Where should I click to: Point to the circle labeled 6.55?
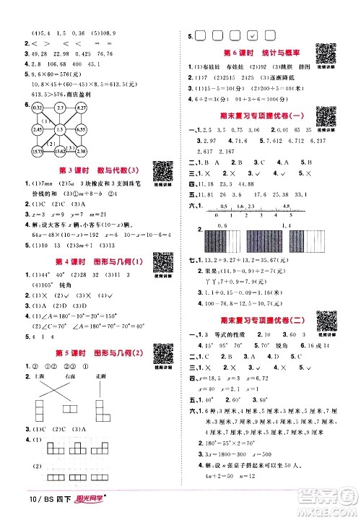tap(82, 129)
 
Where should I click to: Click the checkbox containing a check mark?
tap(252, 34)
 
